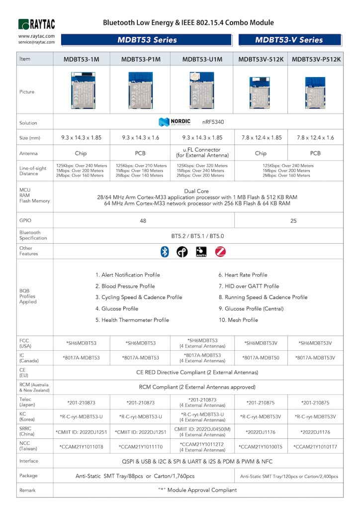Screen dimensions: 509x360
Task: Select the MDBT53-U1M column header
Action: [x=201, y=59]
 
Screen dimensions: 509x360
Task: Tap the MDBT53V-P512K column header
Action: [x=316, y=59]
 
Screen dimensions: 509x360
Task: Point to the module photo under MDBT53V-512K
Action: [x=261, y=92]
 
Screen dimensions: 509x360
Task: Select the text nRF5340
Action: [x=212, y=122]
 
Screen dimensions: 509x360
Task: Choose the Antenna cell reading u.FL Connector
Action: [x=201, y=153]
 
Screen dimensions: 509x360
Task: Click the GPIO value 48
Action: [x=143, y=220]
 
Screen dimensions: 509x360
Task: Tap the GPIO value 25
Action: [x=293, y=220]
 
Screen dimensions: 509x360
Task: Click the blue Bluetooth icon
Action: [x=165, y=252]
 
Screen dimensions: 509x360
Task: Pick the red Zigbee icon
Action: [x=220, y=252]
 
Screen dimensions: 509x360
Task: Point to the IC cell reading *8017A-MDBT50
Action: [x=261, y=358]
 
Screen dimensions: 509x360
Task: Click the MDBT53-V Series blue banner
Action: [x=289, y=40]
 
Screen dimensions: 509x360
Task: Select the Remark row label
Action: [x=27, y=490]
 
